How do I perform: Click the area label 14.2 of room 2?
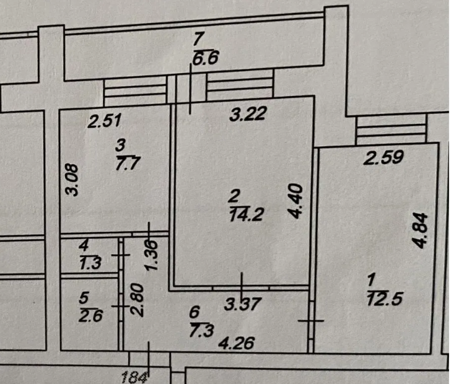pos(247,214)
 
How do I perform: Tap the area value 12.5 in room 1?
pos(385,298)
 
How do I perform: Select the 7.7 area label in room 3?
pos(128,164)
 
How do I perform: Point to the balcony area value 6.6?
pos(206,58)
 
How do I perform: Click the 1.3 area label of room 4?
pos(90,263)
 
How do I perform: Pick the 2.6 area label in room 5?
pos(90,316)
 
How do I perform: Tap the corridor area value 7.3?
pos(201,330)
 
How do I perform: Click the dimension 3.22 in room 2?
pos(248,113)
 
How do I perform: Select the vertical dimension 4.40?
pos(296,201)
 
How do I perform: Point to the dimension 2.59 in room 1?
pos(383,157)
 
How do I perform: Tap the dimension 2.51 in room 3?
pos(105,121)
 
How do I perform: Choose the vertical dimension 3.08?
pos(71,180)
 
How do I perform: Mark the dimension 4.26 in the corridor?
pos(237,343)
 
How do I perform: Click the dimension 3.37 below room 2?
pos(243,303)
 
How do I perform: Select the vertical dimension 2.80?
pos(137,300)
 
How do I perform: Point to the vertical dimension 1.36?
pos(152,255)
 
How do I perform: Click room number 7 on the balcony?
pos(199,39)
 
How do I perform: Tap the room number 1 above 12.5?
pos(371,279)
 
